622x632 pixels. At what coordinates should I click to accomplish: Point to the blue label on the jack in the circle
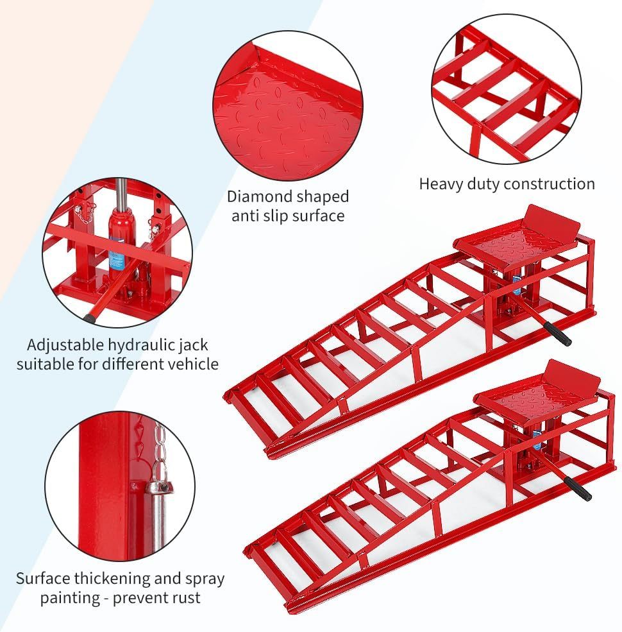point(116,257)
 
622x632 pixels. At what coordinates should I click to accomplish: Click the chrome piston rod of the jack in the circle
point(120,192)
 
